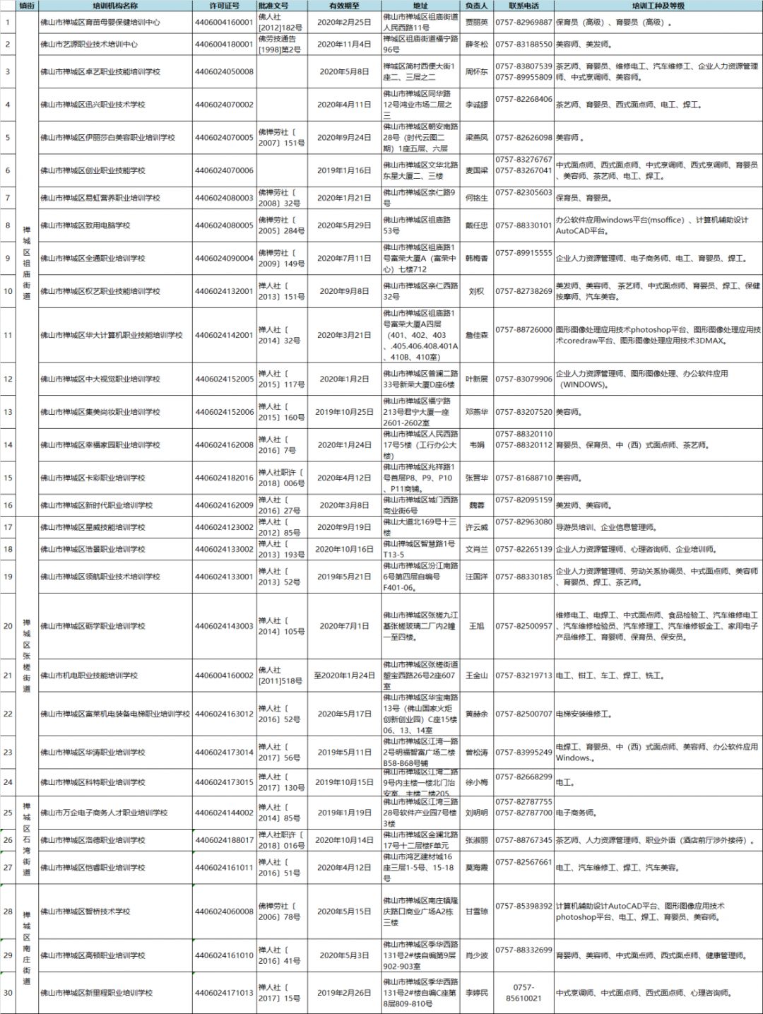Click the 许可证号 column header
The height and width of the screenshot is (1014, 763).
tap(224, 6)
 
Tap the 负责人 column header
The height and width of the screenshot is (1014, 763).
tap(476, 6)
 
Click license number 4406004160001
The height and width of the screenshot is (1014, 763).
tap(224, 23)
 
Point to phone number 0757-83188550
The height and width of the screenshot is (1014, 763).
tap(524, 45)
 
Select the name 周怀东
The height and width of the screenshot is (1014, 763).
tap(476, 72)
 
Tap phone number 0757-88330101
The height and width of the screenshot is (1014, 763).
tap(524, 225)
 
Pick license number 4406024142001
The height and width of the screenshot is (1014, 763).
tap(224, 335)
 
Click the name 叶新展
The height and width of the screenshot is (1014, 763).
tap(476, 379)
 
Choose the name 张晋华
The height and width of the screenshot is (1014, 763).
tap(476, 478)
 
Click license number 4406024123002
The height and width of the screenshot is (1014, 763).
tap(224, 527)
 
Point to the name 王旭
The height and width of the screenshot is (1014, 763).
tap(476, 626)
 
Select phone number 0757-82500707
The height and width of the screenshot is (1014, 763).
tap(524, 714)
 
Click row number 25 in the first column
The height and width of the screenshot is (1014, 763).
tap(8, 813)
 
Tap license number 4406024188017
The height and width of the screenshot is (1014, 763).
tap(224, 840)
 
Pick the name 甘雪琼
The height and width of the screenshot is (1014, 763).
tap(476, 912)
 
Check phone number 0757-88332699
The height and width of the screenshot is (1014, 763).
tap(524, 950)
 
